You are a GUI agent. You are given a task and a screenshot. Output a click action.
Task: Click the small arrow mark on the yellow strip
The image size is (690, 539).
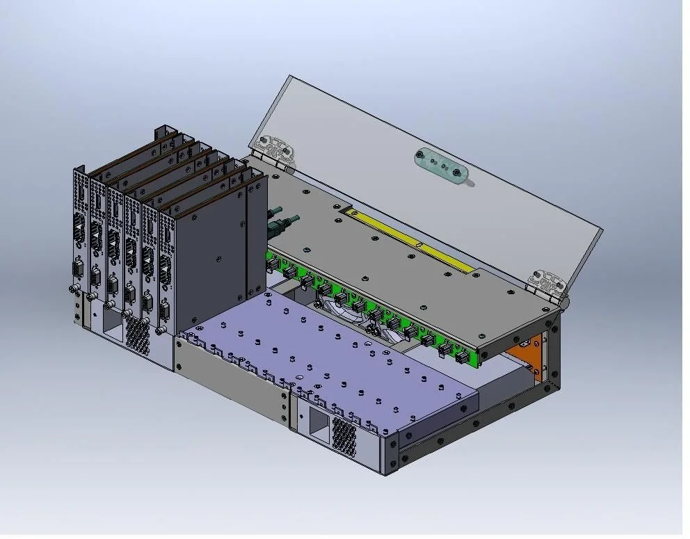tap(419, 243)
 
